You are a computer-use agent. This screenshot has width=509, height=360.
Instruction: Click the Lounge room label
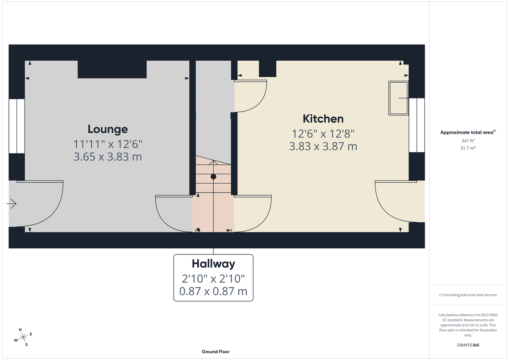tap(108, 129)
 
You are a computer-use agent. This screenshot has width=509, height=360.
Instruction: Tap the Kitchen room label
tap(323, 119)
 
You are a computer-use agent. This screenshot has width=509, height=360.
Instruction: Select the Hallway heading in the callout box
tap(213, 264)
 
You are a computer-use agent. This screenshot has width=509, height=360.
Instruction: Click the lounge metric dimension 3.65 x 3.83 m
tap(108, 157)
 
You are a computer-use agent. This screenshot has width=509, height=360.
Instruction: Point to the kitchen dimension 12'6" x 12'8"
tap(323, 134)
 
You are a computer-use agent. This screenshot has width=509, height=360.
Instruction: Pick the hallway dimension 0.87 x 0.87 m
tap(213, 292)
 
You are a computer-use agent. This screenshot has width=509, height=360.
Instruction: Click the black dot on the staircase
tap(213, 176)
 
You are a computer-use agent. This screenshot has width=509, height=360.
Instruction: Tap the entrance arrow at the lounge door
tap(11, 204)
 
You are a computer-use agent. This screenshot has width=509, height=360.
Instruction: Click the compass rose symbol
tap(23, 337)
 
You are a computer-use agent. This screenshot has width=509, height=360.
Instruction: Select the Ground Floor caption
tap(215, 352)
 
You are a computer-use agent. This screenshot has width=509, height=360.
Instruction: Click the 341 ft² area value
tap(468, 140)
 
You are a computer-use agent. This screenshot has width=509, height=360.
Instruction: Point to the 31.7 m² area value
tap(468, 148)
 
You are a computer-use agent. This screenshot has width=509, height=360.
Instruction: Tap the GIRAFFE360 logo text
tap(468, 345)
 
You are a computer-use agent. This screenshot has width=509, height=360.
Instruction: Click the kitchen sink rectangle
tap(398, 98)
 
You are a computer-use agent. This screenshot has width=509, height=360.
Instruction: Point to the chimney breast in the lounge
tap(112, 70)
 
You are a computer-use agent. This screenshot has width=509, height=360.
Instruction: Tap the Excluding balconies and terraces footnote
tap(468, 295)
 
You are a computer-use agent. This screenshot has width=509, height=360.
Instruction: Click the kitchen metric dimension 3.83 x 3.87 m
tap(323, 147)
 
